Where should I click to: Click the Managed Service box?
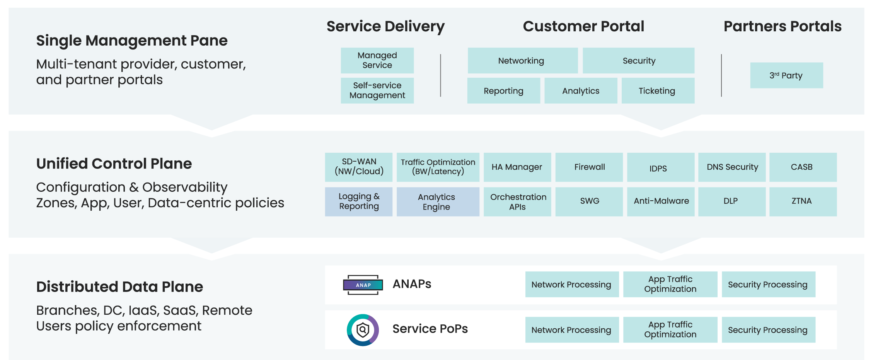(x=377, y=60)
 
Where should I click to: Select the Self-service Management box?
(x=377, y=90)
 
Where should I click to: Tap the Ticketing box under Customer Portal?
(x=657, y=90)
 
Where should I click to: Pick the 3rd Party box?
(x=786, y=75)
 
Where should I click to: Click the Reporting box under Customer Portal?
(x=503, y=90)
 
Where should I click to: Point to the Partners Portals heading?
(x=782, y=26)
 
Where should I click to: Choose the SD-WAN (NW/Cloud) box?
(x=358, y=167)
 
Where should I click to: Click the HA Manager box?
(x=517, y=167)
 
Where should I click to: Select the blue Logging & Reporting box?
(x=358, y=201)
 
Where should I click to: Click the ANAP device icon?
(x=363, y=285)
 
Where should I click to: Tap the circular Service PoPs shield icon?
(x=363, y=330)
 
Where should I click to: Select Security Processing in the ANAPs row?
(x=768, y=285)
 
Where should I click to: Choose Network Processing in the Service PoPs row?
(x=571, y=330)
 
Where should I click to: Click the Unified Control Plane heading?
(x=114, y=164)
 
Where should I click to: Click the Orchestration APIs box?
(x=517, y=201)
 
